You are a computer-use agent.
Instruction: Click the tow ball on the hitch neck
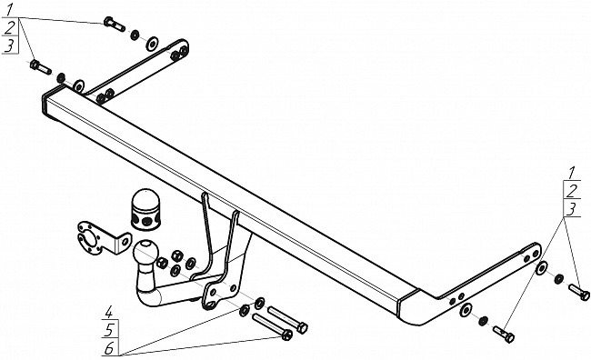pos(145,252)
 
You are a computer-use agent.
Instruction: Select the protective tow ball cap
pos(146,209)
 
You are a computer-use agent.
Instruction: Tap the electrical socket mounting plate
pos(103,238)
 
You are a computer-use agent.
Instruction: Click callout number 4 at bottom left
pos(109,312)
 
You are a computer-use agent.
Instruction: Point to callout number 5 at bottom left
pos(109,330)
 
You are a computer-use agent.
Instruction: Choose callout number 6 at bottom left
pos(109,349)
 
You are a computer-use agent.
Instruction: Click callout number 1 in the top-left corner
pos(9,9)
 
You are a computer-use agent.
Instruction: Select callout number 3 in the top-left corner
pos(10,45)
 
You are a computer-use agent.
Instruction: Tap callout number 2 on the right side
pos(573,191)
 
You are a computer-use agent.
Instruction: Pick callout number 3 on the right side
pos(572,209)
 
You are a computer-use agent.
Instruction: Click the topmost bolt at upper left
pos(114,24)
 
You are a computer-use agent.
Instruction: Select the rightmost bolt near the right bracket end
pos(579,292)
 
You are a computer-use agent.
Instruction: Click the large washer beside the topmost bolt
pos(152,44)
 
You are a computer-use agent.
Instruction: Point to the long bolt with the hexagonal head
pos(288,319)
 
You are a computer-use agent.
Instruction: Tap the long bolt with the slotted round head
pos(272,326)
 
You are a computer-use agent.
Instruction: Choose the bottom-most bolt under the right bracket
pos(504,334)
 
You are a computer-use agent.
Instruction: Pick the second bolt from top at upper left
pos(40,67)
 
